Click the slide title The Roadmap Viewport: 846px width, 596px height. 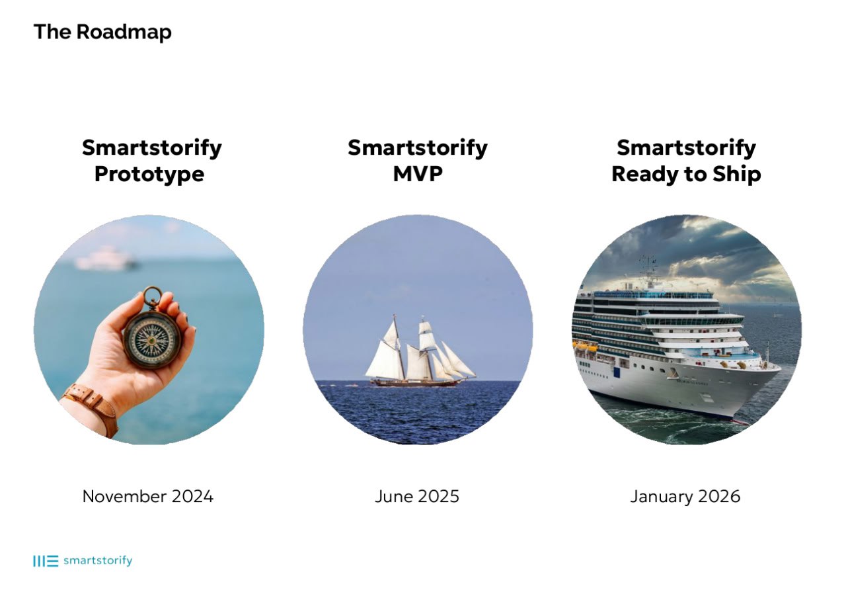coord(102,32)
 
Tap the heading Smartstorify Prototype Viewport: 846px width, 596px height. coord(151,161)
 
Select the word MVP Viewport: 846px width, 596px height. coord(418,174)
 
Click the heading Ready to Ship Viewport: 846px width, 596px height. coord(686,175)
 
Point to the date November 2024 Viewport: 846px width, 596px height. coord(147,496)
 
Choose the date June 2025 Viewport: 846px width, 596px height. coord(417,496)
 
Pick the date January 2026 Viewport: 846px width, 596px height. coord(685,497)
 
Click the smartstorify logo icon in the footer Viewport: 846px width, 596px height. coord(46,561)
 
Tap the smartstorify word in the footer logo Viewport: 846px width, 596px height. coord(98,560)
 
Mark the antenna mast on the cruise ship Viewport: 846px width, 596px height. coord(648,269)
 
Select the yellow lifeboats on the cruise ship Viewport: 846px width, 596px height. coord(585,347)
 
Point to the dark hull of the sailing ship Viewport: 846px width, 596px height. coord(416,383)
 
